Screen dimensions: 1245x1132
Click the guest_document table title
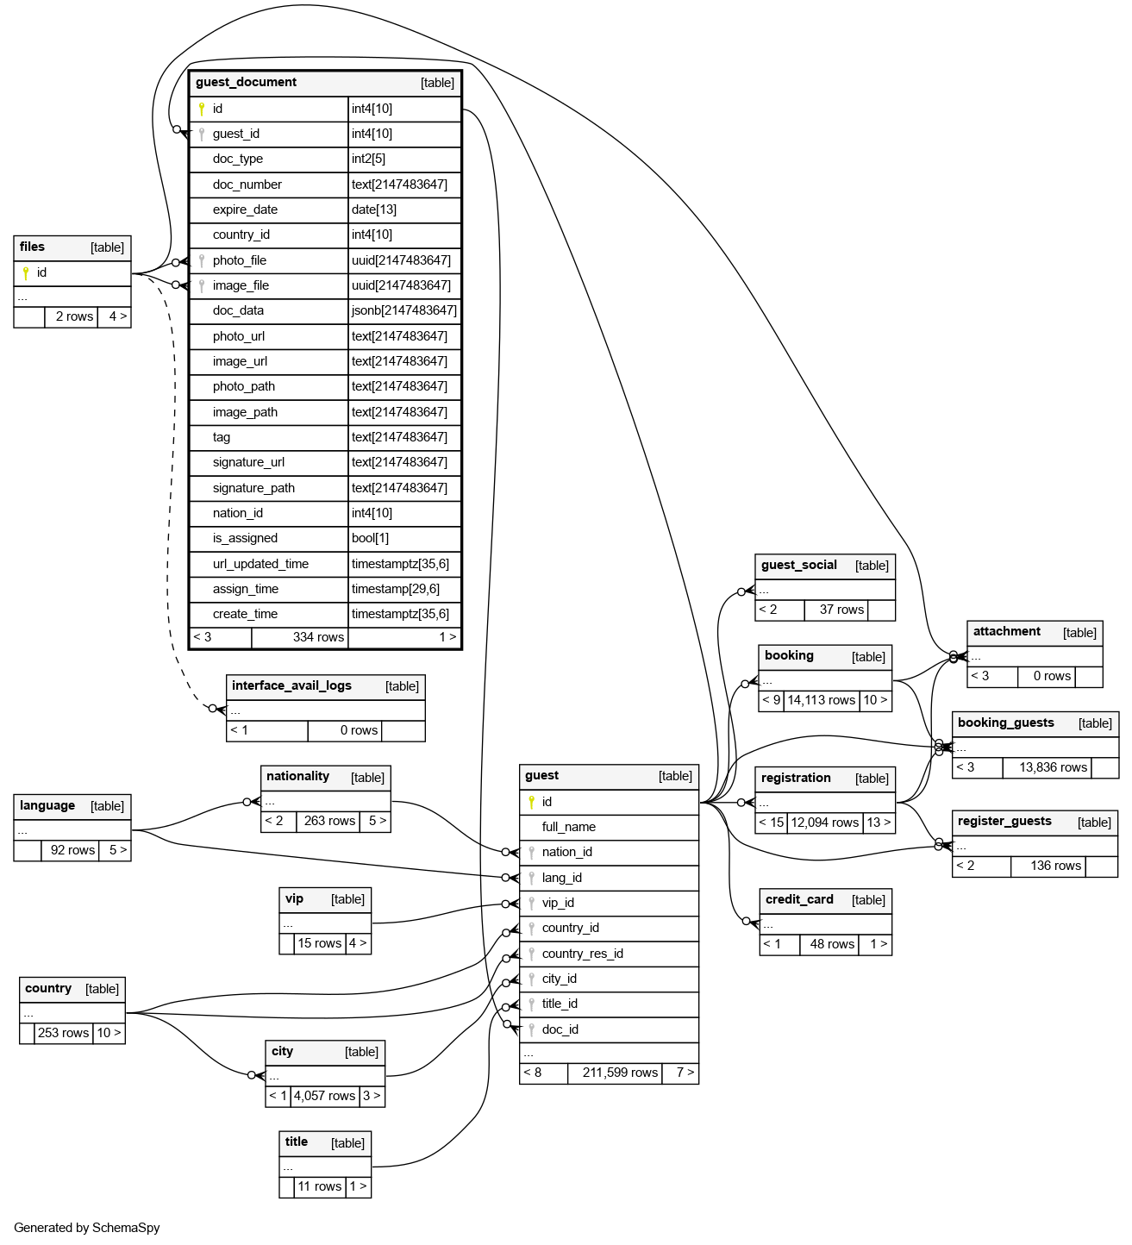click(x=246, y=83)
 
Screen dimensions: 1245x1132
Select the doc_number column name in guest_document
click(x=247, y=185)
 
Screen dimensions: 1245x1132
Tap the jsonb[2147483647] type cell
click(x=403, y=310)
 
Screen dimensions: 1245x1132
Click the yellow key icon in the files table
click(x=26, y=273)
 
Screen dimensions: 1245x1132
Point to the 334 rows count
click(x=318, y=637)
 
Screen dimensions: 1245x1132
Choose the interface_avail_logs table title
click(x=291, y=686)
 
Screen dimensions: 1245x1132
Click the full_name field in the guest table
click(x=568, y=827)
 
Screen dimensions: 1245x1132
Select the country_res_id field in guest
click(x=582, y=954)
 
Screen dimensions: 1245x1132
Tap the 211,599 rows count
click(x=620, y=1073)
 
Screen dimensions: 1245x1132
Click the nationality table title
click(x=297, y=777)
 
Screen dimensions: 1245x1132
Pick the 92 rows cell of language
click(x=72, y=849)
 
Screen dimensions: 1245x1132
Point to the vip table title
click(x=294, y=899)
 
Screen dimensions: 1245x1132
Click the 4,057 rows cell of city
click(x=324, y=1096)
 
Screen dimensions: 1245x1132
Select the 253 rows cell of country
click(x=63, y=1033)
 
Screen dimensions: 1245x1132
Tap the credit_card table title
click(x=799, y=900)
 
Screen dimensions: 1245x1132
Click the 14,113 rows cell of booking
click(x=821, y=700)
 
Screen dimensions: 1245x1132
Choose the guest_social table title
click(x=798, y=566)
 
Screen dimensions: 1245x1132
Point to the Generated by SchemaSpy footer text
click(x=87, y=1228)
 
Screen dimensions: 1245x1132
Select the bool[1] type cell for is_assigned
click(x=370, y=538)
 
